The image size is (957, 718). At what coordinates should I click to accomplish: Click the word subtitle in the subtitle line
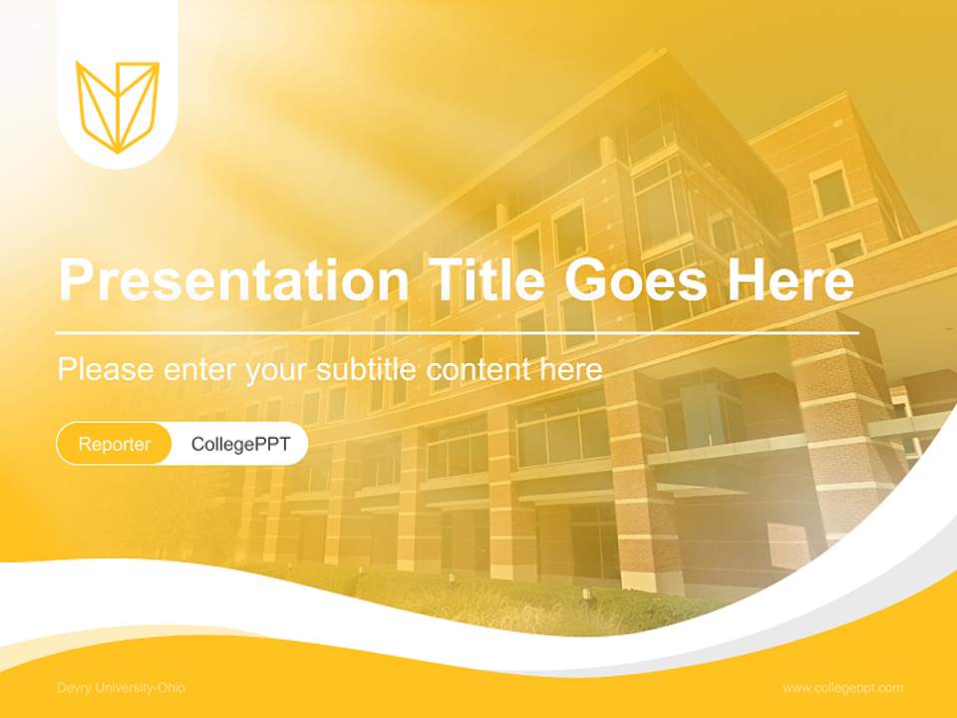(x=369, y=370)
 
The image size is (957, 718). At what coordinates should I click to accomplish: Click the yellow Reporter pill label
(x=115, y=444)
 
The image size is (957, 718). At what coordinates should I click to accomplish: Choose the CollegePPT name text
(x=240, y=444)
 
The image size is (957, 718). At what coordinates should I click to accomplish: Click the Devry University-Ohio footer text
(x=121, y=688)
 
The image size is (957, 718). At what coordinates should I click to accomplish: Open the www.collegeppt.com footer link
(x=842, y=688)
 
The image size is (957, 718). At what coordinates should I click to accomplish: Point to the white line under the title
(x=458, y=332)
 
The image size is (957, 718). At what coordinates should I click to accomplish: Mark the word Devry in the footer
(x=73, y=688)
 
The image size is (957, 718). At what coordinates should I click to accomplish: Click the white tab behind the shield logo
(x=118, y=30)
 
